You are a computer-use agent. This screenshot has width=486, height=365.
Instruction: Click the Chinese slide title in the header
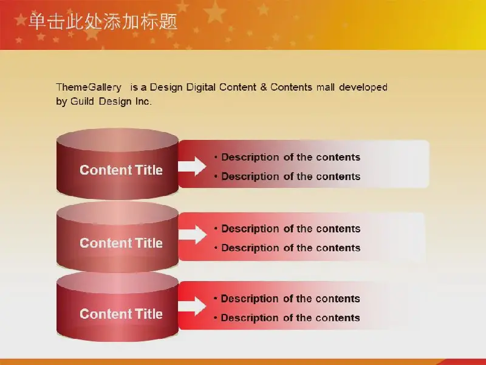[x=103, y=21]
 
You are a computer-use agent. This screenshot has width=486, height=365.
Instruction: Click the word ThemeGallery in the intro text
[x=89, y=87]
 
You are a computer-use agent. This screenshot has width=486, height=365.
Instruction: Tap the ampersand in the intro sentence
[x=264, y=87]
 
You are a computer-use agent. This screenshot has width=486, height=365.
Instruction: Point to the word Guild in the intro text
[x=82, y=101]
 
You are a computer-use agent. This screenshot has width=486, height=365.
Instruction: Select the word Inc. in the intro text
[x=143, y=101]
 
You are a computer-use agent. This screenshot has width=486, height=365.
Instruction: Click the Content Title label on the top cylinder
[x=121, y=170]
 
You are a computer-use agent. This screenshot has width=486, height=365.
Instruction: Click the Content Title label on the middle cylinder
[x=121, y=243]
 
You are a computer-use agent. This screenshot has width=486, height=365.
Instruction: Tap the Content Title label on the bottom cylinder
[x=121, y=314]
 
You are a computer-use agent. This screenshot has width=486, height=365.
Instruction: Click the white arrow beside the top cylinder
[x=192, y=166]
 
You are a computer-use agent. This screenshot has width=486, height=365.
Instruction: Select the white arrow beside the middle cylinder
[x=192, y=235]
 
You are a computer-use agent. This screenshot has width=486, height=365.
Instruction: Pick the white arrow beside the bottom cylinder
[x=192, y=306]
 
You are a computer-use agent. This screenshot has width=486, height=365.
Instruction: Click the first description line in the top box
[x=287, y=158]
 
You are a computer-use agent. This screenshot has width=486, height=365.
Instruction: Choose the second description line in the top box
[x=287, y=176]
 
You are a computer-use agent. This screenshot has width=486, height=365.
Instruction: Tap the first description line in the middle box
[x=287, y=229]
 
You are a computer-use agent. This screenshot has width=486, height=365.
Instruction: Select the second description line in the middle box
[x=287, y=248]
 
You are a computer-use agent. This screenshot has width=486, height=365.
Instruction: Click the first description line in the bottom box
[x=287, y=299]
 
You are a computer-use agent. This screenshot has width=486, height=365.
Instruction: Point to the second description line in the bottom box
[x=287, y=318]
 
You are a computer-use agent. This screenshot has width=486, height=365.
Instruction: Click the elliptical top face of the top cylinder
[x=117, y=140]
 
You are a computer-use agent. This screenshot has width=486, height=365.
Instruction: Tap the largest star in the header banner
[x=214, y=12]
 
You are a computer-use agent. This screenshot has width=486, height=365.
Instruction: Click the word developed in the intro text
[x=363, y=87]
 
